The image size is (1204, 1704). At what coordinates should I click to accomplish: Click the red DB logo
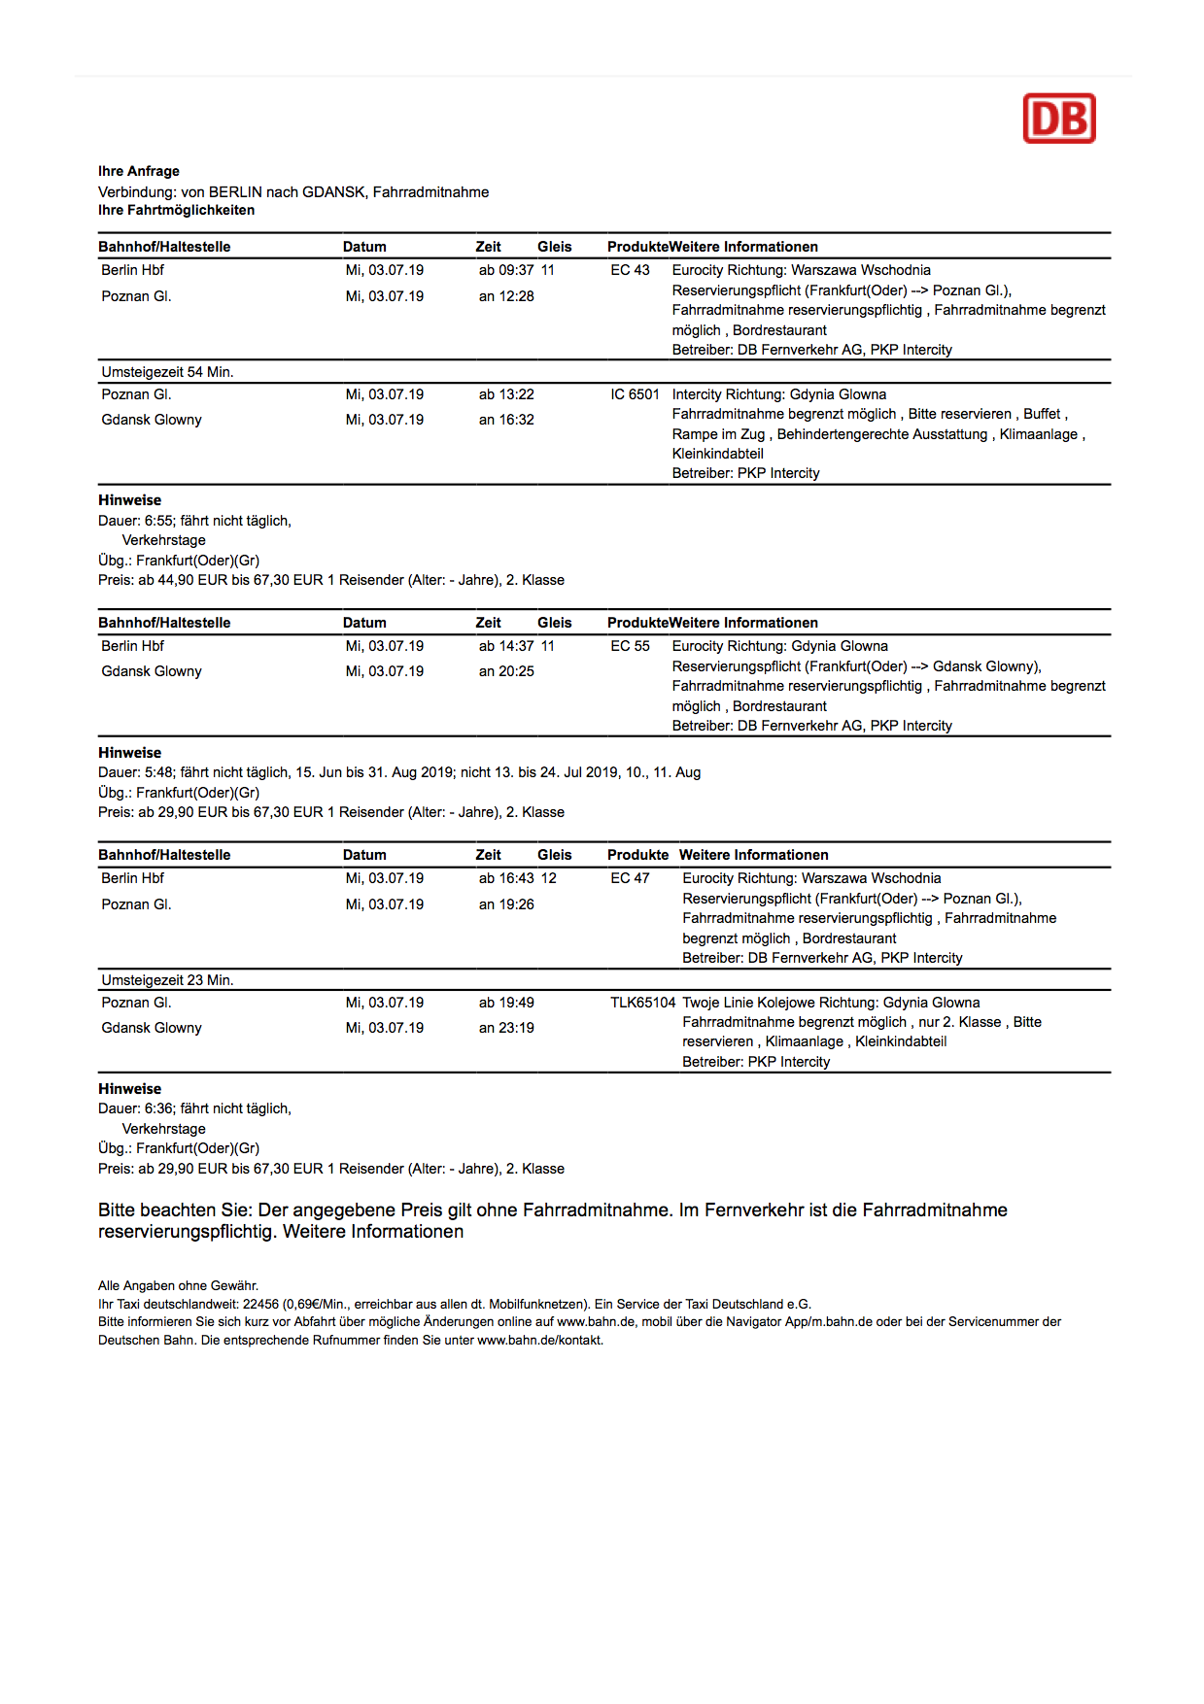coord(1058,119)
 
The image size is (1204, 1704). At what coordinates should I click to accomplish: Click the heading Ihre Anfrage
coord(139,171)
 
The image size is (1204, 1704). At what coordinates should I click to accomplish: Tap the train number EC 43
coord(630,270)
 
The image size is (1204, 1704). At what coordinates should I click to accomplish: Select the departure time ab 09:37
coord(506,270)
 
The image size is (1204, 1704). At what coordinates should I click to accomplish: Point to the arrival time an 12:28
coord(506,296)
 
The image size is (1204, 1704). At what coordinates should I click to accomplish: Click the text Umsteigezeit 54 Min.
coord(167,372)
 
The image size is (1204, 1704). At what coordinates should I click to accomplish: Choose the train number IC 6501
coord(635,394)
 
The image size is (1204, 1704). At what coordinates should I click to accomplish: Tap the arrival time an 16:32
coord(506,420)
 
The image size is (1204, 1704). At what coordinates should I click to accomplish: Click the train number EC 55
coord(630,646)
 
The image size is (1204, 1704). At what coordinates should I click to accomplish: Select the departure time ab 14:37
coord(506,646)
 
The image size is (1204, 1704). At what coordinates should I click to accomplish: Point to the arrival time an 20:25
coord(506,671)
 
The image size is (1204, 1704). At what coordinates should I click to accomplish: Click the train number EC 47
coord(630,878)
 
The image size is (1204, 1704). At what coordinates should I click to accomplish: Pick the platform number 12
coord(549,878)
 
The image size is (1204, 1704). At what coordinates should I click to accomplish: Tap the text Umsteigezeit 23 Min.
coord(167,980)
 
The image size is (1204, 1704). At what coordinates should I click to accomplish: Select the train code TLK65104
coord(642,1003)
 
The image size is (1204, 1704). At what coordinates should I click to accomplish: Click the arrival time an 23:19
coord(506,1028)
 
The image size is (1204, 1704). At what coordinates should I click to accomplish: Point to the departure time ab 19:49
coord(506,1003)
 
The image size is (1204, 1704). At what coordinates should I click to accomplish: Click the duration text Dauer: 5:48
coord(136,772)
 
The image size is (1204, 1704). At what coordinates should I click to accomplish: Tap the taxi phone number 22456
coord(260,1305)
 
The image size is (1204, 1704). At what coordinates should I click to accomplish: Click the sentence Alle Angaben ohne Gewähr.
coord(178,1286)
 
